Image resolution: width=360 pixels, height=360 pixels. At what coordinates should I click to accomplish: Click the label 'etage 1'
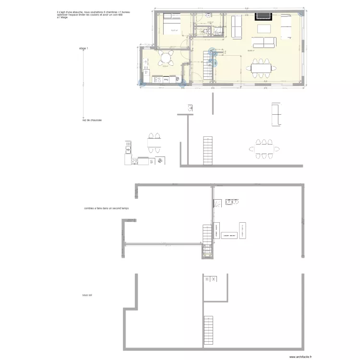point(84,48)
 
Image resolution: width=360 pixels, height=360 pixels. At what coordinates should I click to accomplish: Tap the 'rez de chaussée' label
point(92,120)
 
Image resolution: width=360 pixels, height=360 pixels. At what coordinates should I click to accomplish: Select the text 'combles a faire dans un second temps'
point(106,208)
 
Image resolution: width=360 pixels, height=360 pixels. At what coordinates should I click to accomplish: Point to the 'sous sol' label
point(87,295)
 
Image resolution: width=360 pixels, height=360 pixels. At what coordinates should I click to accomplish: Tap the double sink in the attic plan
point(231,202)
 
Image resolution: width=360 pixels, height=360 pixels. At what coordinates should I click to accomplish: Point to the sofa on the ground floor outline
point(276,114)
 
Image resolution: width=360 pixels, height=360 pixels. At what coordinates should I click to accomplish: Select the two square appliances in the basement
point(210,279)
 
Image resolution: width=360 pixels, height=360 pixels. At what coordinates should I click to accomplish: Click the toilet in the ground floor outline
point(190,108)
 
